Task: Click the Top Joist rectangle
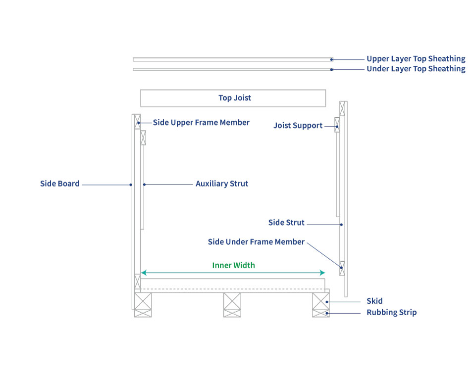233,98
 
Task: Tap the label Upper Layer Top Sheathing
416,59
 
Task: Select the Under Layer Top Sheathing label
416,69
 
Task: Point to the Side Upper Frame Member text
201,122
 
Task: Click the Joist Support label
298,126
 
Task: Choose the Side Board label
59,184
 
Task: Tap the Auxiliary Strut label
221,184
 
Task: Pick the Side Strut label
286,223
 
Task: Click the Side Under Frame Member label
256,242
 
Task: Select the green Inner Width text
233,265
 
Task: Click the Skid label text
374,301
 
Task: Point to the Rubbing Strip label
391,312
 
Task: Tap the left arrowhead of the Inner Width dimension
143,273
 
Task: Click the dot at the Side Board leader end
131,185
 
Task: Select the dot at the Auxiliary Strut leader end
144,185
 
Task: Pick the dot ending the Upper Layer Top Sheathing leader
332,59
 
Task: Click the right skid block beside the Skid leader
320,301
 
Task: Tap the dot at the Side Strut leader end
341,225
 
